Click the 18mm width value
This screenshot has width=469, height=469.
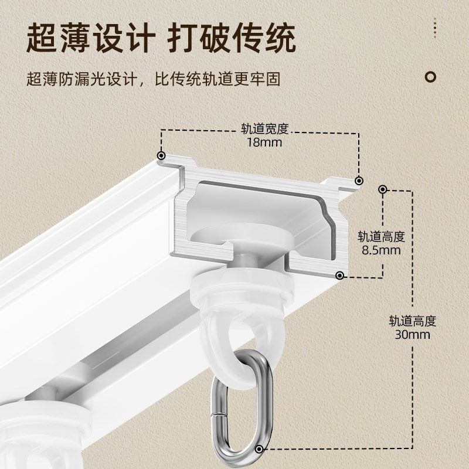pos(264,142)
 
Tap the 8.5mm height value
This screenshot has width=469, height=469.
pos(381,250)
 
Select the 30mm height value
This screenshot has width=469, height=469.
pos(412,335)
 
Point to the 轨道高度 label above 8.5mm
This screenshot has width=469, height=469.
pos(381,237)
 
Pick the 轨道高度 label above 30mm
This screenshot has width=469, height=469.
pos(412,321)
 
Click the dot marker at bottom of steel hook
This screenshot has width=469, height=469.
pos(260,450)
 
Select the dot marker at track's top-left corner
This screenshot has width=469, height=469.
pos(161,156)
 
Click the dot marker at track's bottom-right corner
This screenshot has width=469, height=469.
pos(339,275)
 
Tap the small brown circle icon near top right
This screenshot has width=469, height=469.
pos(431,76)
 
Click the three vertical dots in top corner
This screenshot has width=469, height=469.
pos(435,27)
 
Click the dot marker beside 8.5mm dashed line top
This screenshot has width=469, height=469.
pos(382,189)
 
